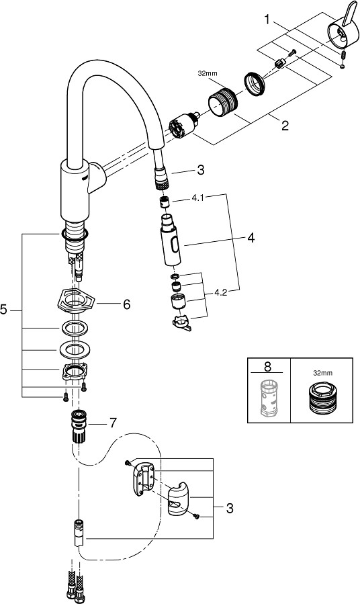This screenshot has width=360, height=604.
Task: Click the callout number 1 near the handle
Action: click(267, 19)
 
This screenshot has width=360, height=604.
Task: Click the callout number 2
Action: click(285, 126)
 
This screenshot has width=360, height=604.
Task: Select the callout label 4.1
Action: click(197, 200)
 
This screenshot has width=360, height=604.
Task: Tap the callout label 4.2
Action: click(221, 293)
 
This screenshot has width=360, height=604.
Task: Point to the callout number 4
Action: click(251, 239)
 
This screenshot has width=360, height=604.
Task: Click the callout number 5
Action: click(4, 309)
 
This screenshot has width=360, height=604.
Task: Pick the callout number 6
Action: click(126, 305)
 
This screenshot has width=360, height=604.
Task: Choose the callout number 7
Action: click(112, 423)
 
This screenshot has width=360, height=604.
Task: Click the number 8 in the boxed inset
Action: click(267, 366)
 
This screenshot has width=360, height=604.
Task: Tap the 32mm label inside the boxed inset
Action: click(322, 373)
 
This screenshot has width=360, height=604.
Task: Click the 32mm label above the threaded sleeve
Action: click(207, 73)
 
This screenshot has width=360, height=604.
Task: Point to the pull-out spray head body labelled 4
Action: click(169, 241)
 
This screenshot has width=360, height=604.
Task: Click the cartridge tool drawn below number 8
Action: click(268, 398)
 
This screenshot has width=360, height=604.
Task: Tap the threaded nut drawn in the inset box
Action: click(321, 398)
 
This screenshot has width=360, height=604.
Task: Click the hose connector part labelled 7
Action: click(79, 426)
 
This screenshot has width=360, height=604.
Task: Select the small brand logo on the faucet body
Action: click(86, 177)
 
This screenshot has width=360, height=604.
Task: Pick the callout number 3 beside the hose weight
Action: click(230, 509)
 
